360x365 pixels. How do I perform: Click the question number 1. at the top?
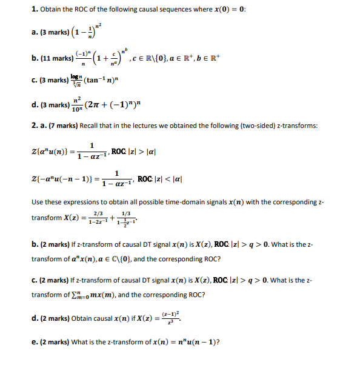(x=35, y=9)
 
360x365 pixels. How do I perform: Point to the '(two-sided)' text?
(x=261, y=126)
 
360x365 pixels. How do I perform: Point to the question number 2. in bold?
(x=35, y=126)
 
